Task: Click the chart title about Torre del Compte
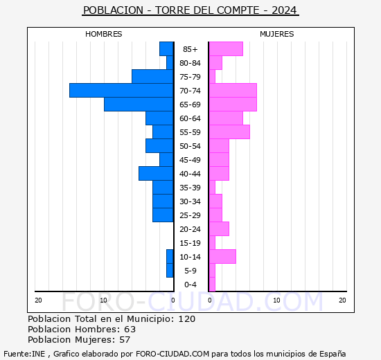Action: pos(190,10)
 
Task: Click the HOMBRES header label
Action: pos(104,34)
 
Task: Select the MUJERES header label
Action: pos(276,34)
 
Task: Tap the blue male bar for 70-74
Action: pos(121,90)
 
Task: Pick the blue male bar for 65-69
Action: pos(139,104)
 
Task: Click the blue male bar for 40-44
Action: pos(156,173)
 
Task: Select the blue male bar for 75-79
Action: pos(152,76)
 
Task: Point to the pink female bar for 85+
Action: pos(226,48)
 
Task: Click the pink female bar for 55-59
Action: pos(229,132)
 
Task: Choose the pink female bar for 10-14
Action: pos(222,256)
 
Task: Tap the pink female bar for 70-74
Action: pos(233,90)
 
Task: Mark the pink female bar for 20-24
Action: pos(219,228)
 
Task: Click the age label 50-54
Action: pos(190,146)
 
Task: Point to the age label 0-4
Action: pos(190,285)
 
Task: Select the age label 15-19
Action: pos(190,243)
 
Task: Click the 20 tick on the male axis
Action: pos(39,300)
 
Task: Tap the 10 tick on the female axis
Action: pos(276,300)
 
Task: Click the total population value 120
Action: pos(186,318)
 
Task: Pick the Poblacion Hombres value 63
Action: pos(130,329)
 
